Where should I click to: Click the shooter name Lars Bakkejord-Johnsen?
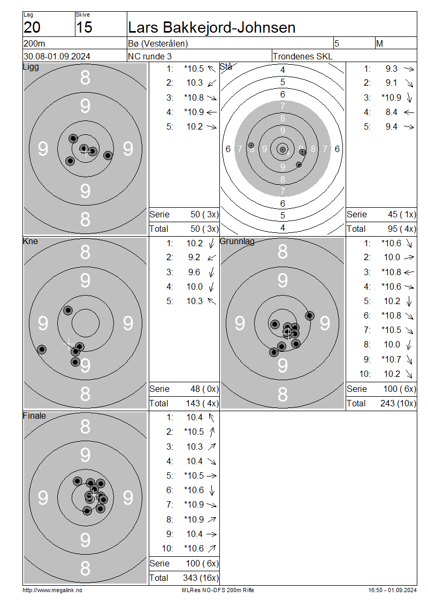pos(212,27)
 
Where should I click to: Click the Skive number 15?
pos(84,27)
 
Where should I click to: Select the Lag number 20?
pos(32,27)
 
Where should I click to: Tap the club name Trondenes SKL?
pos(302,56)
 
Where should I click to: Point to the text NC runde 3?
pos(150,56)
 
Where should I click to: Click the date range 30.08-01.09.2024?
pos(57,56)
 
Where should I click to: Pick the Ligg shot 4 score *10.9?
pos(194,112)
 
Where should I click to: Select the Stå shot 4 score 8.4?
pos(392,112)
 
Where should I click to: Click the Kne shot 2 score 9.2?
pos(194,258)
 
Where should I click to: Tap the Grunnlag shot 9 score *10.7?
pos(392,360)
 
